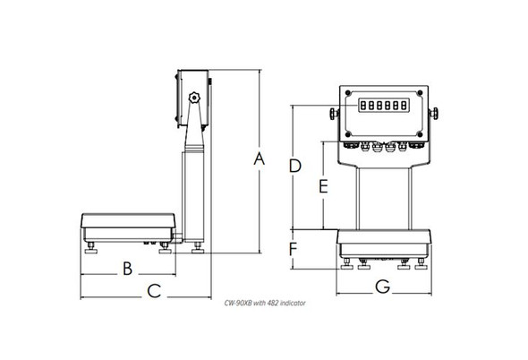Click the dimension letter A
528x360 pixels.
pyautogui.click(x=260, y=159)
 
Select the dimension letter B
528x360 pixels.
pyautogui.click(x=127, y=268)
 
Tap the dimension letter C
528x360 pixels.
pyautogui.click(x=153, y=290)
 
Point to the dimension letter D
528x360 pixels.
pyautogui.click(x=294, y=165)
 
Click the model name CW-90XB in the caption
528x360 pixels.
pyautogui.click(x=237, y=304)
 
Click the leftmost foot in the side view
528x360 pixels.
pyautogui.click(x=93, y=250)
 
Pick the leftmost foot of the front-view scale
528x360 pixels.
pyautogui.click(x=346, y=264)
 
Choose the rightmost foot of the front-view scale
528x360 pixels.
pyautogui.click(x=422, y=264)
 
